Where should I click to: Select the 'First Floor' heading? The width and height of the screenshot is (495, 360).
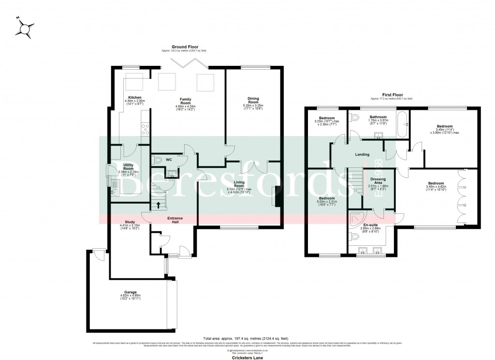coord(392,95)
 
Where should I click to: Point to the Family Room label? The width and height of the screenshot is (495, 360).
coord(186,100)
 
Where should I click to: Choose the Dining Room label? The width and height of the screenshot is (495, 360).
coord(253,99)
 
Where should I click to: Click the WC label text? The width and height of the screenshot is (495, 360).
coord(169,159)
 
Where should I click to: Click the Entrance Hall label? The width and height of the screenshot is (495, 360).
coord(175,219)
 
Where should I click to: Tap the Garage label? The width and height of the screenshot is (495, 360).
coord(131,292)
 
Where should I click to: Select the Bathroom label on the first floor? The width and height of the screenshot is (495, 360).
coord(378,117)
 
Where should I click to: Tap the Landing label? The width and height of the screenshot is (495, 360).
coord(362,155)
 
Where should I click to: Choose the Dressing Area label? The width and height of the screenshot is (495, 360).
coord(379,180)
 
